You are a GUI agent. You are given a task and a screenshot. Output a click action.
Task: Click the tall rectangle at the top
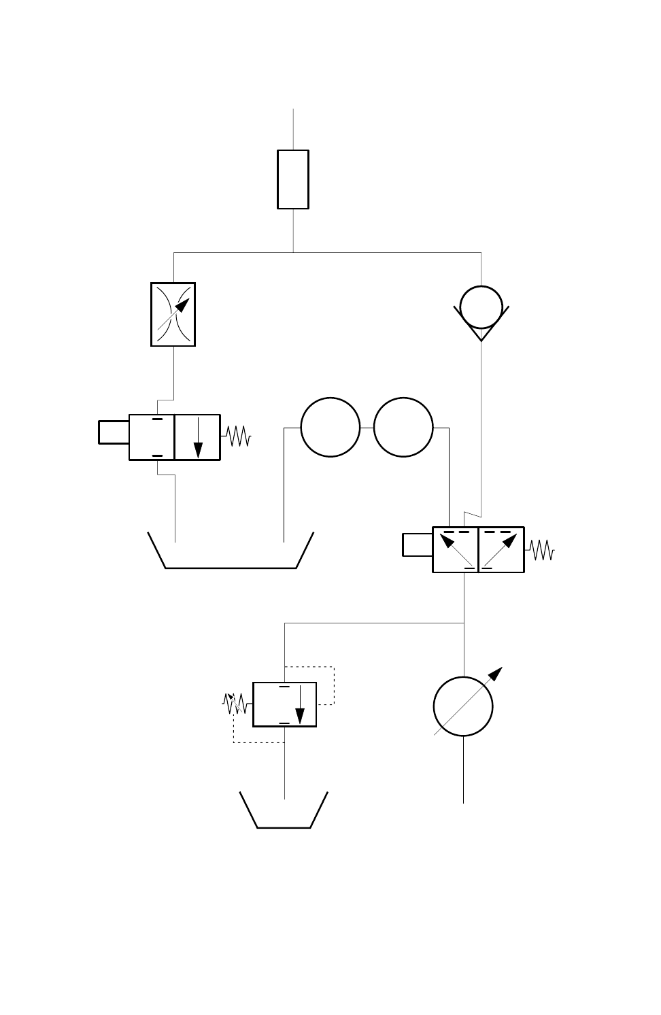[x=293, y=179]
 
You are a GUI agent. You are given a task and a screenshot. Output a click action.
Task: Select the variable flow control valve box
[x=173, y=315]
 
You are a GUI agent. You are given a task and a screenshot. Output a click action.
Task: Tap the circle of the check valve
[x=481, y=307]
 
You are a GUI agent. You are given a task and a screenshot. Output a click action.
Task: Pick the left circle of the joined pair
[x=330, y=428]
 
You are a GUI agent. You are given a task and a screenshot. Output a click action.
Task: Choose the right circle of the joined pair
[x=403, y=428]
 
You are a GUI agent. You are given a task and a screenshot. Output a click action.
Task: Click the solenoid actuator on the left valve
[x=114, y=432]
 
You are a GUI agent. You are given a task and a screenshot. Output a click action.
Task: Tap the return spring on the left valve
[x=236, y=436]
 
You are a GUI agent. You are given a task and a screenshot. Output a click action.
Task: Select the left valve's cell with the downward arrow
[x=197, y=437]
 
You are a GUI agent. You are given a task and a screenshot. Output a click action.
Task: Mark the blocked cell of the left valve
[x=152, y=437]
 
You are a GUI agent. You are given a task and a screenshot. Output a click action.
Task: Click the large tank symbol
[x=231, y=552]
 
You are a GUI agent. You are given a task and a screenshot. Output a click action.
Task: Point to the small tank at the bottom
[x=284, y=812]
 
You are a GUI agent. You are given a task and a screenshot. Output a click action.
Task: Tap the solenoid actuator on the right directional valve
[x=417, y=545]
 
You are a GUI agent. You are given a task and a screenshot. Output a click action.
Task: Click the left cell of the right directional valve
[x=456, y=549]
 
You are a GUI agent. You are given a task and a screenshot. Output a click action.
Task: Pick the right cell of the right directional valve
[x=501, y=549]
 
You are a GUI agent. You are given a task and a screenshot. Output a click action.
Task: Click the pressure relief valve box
[x=284, y=704]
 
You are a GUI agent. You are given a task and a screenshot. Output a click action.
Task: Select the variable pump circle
[x=463, y=706]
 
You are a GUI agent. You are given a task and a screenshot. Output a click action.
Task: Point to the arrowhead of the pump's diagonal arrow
[x=497, y=673]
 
